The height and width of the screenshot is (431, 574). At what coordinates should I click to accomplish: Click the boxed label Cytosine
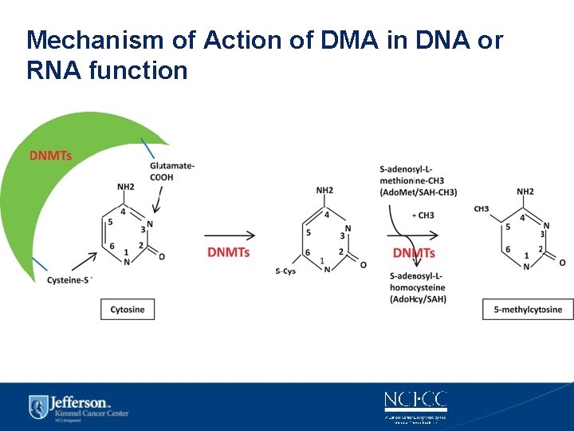point(128,309)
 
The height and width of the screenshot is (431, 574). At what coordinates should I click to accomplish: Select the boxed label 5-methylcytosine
point(528,310)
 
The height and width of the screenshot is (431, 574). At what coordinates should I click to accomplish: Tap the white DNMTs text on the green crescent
point(51,156)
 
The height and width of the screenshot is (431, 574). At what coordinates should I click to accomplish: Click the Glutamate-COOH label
point(171,171)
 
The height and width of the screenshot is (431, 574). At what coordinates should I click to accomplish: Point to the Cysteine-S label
point(70,280)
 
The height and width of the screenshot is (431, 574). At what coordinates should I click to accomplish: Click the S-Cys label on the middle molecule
point(285,271)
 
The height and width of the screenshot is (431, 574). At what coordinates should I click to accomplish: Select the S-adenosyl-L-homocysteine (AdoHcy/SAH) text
point(419,287)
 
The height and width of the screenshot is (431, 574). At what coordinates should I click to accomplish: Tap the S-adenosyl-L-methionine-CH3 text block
point(419,180)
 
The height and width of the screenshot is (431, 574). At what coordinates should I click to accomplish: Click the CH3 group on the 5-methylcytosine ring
point(482,209)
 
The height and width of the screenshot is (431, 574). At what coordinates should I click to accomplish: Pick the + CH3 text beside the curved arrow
point(423,215)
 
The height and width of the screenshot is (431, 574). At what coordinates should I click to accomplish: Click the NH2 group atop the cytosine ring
point(126,187)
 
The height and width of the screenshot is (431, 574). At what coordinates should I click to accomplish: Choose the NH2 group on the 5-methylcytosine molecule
point(525,192)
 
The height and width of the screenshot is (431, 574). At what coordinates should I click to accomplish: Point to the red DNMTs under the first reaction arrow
point(228,253)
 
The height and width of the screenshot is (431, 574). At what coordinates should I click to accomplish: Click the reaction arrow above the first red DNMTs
point(230,235)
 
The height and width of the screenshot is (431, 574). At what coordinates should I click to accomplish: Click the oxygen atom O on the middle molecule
point(364,264)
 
